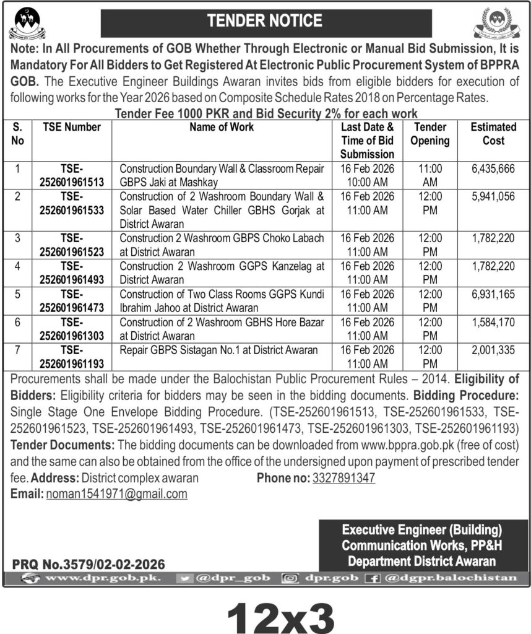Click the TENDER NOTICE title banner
265,21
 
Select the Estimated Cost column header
493,134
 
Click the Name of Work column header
221,127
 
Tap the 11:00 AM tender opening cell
430,175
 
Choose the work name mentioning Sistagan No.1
218,350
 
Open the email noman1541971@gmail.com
116,494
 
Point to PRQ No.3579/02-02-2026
88,564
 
